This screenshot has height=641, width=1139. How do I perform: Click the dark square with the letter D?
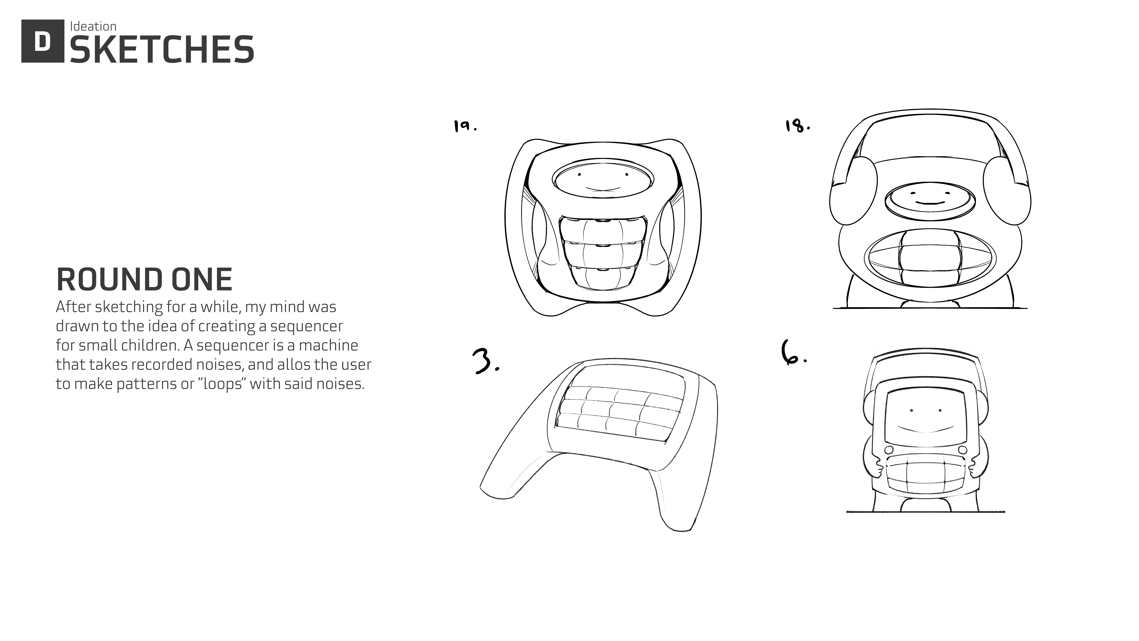(42, 41)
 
